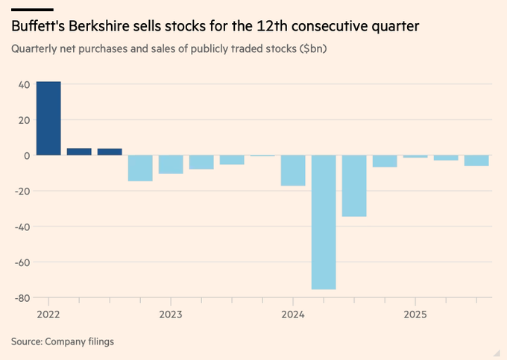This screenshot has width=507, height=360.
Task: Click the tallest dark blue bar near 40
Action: click(48, 119)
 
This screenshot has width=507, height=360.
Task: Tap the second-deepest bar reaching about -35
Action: click(354, 186)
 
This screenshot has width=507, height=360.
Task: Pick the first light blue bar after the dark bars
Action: click(140, 168)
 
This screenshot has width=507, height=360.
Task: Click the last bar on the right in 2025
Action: click(476, 160)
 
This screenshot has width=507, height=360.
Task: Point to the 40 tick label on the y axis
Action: click(25, 84)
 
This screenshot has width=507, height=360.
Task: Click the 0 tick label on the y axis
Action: click(27, 156)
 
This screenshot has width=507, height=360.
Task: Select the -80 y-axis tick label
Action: click(22, 298)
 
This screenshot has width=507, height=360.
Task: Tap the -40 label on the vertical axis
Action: click(22, 227)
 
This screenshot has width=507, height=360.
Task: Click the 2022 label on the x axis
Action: click(48, 315)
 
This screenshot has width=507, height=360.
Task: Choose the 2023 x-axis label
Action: click(171, 315)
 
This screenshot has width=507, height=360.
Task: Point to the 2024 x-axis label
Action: click(293, 315)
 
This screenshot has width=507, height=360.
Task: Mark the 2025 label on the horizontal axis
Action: click(415, 315)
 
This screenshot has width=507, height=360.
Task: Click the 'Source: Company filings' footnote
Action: click(62, 341)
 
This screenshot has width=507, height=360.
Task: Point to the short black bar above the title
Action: click(31, 10)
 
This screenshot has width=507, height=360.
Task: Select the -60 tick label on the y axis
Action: click(22, 262)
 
